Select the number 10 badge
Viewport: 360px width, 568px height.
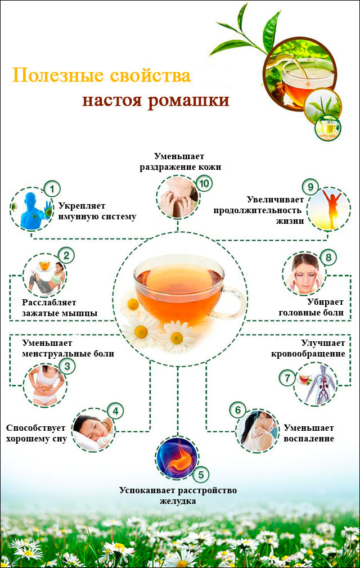pos(204,183)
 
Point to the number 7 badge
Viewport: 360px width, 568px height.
pos(287,378)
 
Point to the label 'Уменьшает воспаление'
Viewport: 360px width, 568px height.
pos(309,432)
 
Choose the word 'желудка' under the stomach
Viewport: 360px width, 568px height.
pos(178,501)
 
